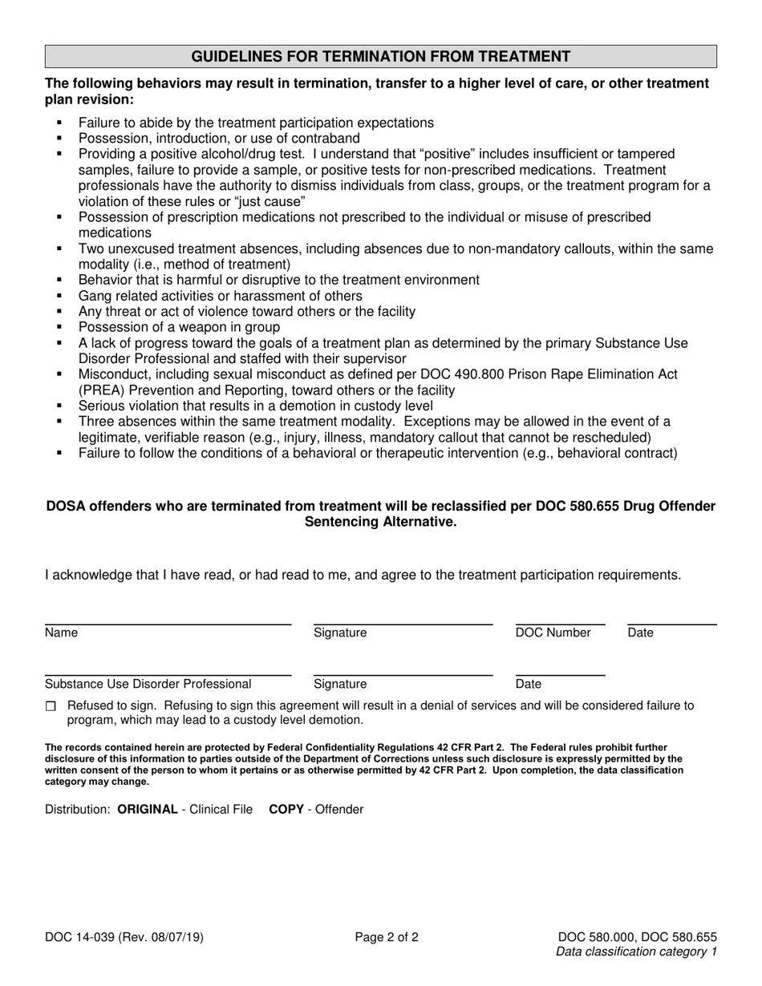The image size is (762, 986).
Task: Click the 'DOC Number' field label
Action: coord(553,632)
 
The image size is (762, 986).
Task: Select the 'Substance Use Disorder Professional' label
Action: coord(148,684)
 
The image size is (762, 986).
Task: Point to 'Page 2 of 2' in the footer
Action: coord(387,935)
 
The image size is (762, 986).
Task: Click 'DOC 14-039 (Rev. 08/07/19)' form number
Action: coord(128,935)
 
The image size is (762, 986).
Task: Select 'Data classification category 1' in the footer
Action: coord(636,952)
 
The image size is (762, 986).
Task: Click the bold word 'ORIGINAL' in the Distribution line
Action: coord(148,809)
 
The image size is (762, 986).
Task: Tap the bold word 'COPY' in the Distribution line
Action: coord(286,809)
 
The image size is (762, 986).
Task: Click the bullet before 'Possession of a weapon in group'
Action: coord(59,327)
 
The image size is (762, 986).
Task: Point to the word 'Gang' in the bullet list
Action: coord(93,296)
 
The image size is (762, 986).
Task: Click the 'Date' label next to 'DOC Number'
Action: coord(640,632)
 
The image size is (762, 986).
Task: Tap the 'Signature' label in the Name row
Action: coord(340,632)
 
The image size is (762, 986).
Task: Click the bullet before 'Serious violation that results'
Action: coord(59,406)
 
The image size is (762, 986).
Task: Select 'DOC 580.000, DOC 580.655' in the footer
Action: coord(637,935)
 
